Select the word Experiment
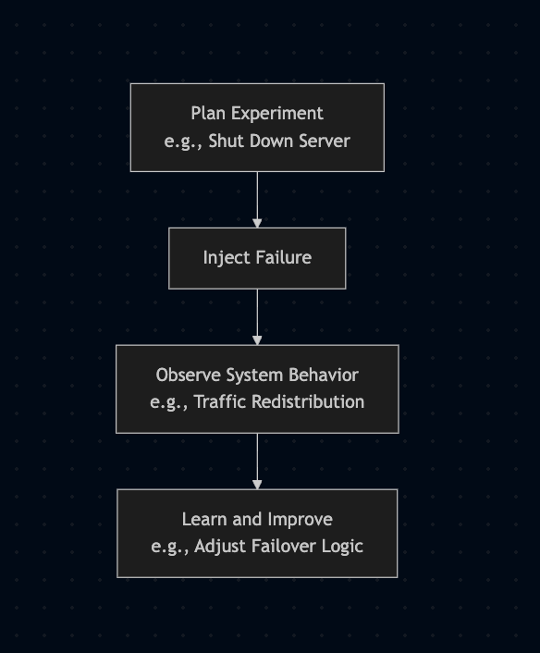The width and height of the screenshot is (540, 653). [277, 114]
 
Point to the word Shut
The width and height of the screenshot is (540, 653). [222, 141]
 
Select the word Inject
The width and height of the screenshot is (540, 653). [226, 258]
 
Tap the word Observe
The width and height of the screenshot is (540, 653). [189, 375]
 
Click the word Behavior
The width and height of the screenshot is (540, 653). [324, 375]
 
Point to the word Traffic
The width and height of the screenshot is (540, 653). [220, 401]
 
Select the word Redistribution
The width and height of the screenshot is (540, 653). [308, 401]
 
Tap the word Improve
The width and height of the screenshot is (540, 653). [301, 520]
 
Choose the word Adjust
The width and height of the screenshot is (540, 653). [220, 547]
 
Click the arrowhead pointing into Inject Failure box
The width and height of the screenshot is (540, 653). [257, 223]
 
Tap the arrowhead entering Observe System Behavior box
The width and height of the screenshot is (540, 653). [257, 339]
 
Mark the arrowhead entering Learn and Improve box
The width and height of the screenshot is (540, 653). [257, 485]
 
